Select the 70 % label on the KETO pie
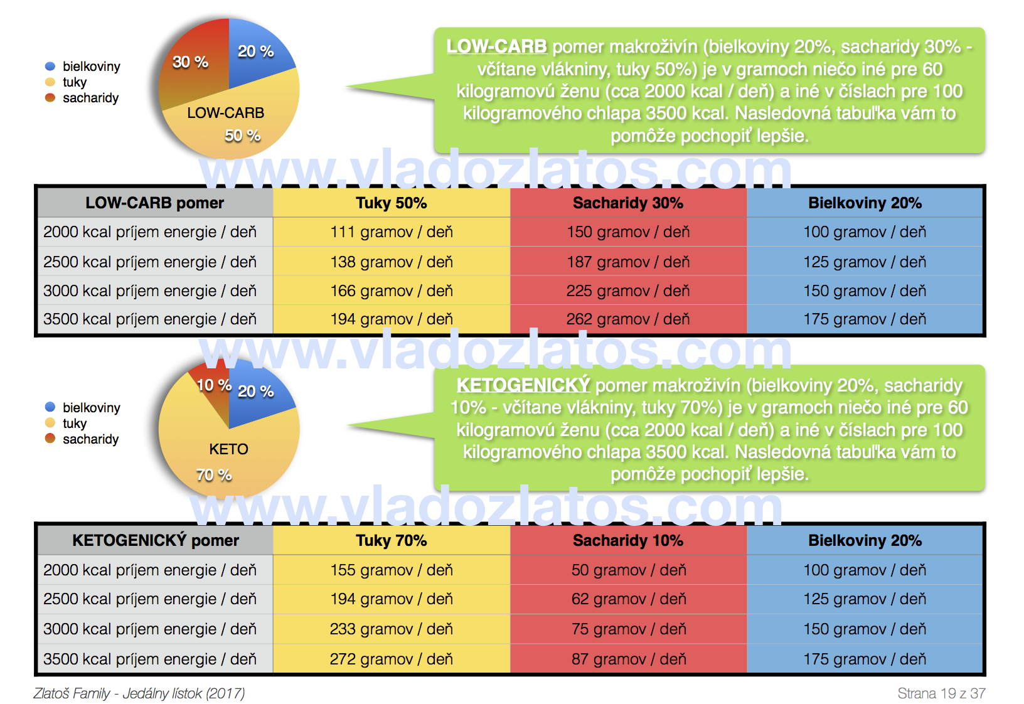214,475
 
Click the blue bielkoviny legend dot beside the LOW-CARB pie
50,67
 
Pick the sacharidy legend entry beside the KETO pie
90,439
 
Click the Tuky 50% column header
391,203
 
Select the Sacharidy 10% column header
627,541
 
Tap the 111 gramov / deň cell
391,232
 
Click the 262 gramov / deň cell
627,319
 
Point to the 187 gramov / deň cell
627,262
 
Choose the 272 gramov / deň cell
391,659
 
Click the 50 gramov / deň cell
627,570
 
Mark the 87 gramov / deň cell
627,659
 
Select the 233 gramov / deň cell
391,629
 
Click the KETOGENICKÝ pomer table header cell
156,541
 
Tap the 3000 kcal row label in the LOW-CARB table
150,291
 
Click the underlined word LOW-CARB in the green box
496,47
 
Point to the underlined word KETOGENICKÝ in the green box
523,385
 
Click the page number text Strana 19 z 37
941,693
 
